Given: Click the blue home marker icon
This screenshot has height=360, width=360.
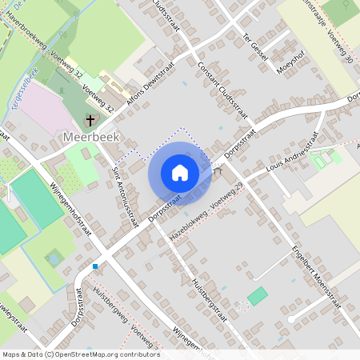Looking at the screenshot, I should click(x=180, y=173).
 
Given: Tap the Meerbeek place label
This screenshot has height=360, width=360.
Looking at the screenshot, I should click(x=90, y=137).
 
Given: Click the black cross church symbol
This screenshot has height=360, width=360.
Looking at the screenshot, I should click(x=90, y=121).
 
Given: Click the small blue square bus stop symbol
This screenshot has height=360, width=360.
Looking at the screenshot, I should click(x=95, y=266).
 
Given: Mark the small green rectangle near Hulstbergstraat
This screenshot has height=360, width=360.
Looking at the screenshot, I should click(x=258, y=296).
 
